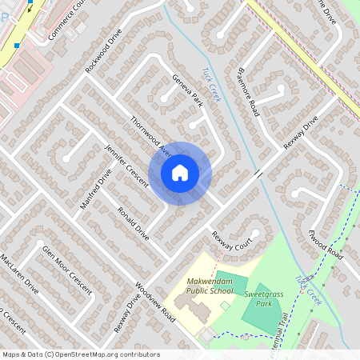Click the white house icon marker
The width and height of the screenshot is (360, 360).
click(180, 172)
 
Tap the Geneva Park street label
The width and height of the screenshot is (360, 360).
click(188, 90)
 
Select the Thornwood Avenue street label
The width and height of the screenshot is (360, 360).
click(152, 138)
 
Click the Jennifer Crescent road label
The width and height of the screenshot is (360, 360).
click(126, 166)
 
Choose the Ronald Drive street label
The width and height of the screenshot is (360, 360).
click(134, 223)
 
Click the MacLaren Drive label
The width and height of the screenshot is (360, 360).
click(19, 274)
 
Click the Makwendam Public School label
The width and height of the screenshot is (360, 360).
click(210, 286)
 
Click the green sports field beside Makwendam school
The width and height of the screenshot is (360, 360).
click(230, 281)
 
